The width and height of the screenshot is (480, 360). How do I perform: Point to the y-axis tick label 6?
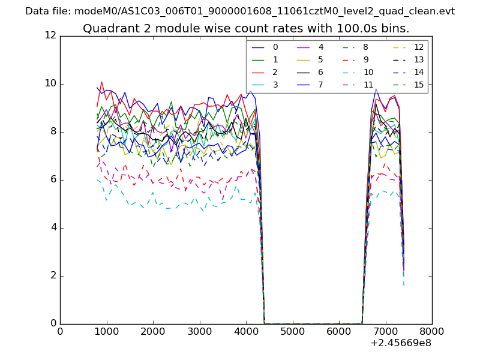tap(53, 180)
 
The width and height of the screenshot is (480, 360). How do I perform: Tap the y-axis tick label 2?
tap(53, 276)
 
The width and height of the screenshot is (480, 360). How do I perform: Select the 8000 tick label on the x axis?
tap(432, 331)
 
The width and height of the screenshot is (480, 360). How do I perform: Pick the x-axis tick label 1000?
tap(106, 331)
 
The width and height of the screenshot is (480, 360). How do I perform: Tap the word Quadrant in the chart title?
tap(107, 29)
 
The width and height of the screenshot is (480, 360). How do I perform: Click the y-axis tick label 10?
tap(50, 83)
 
